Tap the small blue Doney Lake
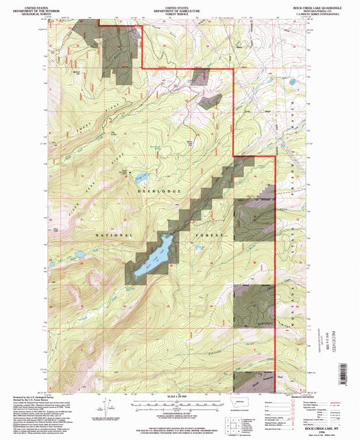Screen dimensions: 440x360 (x=141, y=177)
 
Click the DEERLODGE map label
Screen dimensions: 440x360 (x=160, y=192)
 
